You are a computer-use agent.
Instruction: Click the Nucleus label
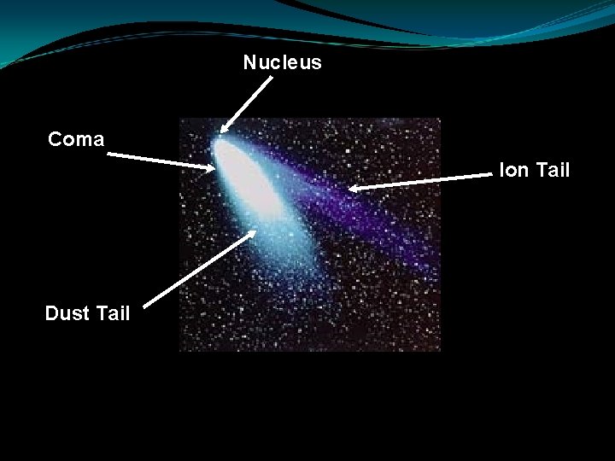282,63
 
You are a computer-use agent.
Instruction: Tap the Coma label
76,140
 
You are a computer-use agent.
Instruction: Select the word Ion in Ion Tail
513,171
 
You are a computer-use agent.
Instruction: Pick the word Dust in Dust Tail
66,313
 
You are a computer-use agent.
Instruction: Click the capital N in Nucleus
249,63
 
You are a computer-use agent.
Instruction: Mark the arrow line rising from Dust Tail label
198,267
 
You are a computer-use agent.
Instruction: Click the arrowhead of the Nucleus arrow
224,130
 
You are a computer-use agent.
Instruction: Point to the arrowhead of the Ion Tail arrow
354,187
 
